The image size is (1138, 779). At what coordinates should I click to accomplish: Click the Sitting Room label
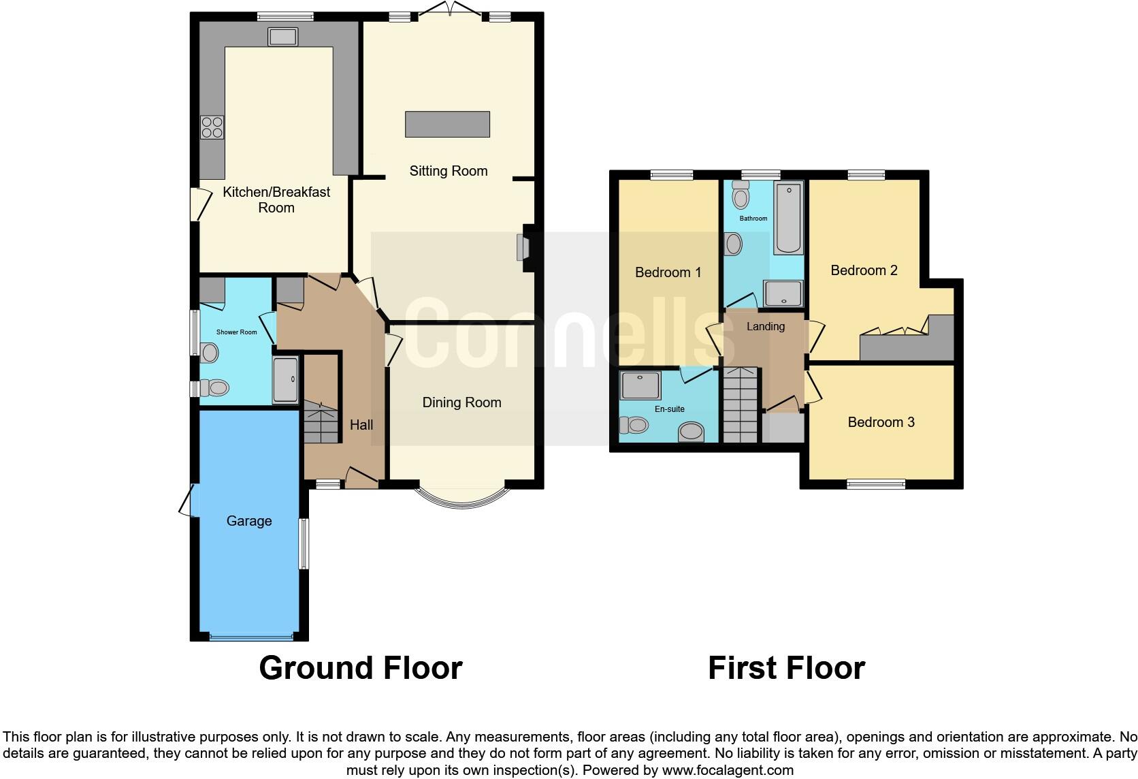click(448, 171)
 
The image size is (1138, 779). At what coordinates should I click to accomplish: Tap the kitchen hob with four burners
click(212, 127)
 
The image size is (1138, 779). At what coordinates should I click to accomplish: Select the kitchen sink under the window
click(282, 37)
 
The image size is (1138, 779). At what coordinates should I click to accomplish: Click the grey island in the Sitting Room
click(447, 124)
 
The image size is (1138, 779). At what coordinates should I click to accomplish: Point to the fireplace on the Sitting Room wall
click(523, 247)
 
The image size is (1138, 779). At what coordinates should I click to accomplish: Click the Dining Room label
click(461, 402)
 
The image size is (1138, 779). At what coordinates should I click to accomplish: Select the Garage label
click(248, 521)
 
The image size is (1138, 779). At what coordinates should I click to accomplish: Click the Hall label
click(361, 425)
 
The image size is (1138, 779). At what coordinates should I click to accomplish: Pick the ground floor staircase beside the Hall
click(321, 422)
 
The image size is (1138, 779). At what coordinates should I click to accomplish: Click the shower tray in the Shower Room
click(285, 379)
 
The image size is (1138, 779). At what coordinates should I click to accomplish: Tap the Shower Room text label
click(236, 332)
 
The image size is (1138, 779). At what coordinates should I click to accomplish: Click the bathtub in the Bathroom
click(789, 217)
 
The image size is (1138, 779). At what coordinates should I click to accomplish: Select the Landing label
click(765, 327)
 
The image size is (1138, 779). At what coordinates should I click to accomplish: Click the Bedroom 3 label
click(881, 422)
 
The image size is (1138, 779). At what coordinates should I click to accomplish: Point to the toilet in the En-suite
click(634, 425)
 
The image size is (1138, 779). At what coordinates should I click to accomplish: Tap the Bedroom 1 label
click(668, 272)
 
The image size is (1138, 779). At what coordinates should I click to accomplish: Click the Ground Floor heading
click(360, 668)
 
